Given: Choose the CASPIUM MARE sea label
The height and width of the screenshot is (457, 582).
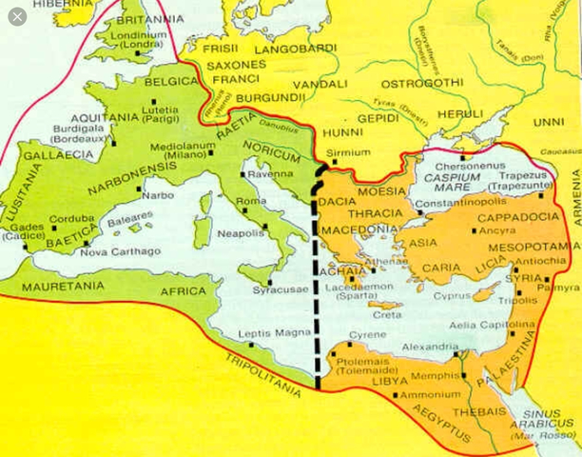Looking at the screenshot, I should click(x=454, y=178).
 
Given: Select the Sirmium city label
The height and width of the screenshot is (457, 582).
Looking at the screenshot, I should click(x=347, y=152).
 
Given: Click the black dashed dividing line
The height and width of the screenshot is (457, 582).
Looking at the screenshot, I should click(x=315, y=286).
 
